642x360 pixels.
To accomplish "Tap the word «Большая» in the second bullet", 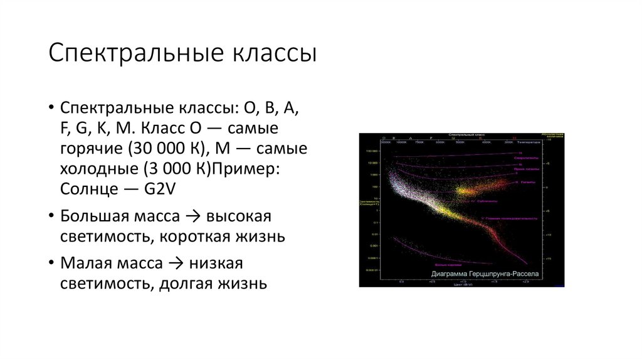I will [x=91, y=216].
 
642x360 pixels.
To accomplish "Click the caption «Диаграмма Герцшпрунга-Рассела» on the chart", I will [x=484, y=275].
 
